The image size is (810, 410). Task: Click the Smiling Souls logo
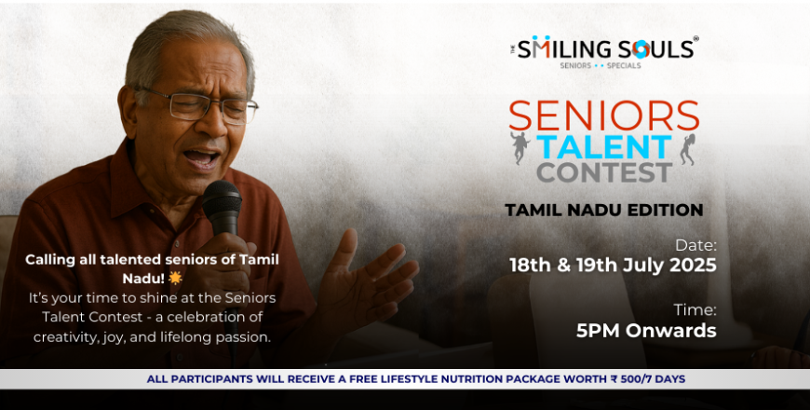point(604,51)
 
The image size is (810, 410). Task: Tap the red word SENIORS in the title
point(604,116)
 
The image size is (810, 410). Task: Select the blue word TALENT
point(604,147)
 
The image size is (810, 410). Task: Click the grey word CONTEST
point(604,172)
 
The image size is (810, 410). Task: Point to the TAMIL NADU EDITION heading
point(604,210)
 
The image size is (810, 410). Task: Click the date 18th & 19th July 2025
point(613,266)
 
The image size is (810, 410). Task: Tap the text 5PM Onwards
point(646,331)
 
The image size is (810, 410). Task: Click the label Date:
point(695,245)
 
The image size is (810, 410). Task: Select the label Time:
point(695,310)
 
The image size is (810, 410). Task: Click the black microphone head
point(222,199)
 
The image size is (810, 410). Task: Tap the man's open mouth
point(202,157)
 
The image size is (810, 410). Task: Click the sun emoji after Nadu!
point(176,279)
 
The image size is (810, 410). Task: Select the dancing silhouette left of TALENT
point(520,148)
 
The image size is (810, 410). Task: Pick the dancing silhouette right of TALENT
point(688,149)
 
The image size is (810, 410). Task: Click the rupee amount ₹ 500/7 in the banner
point(629,379)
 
